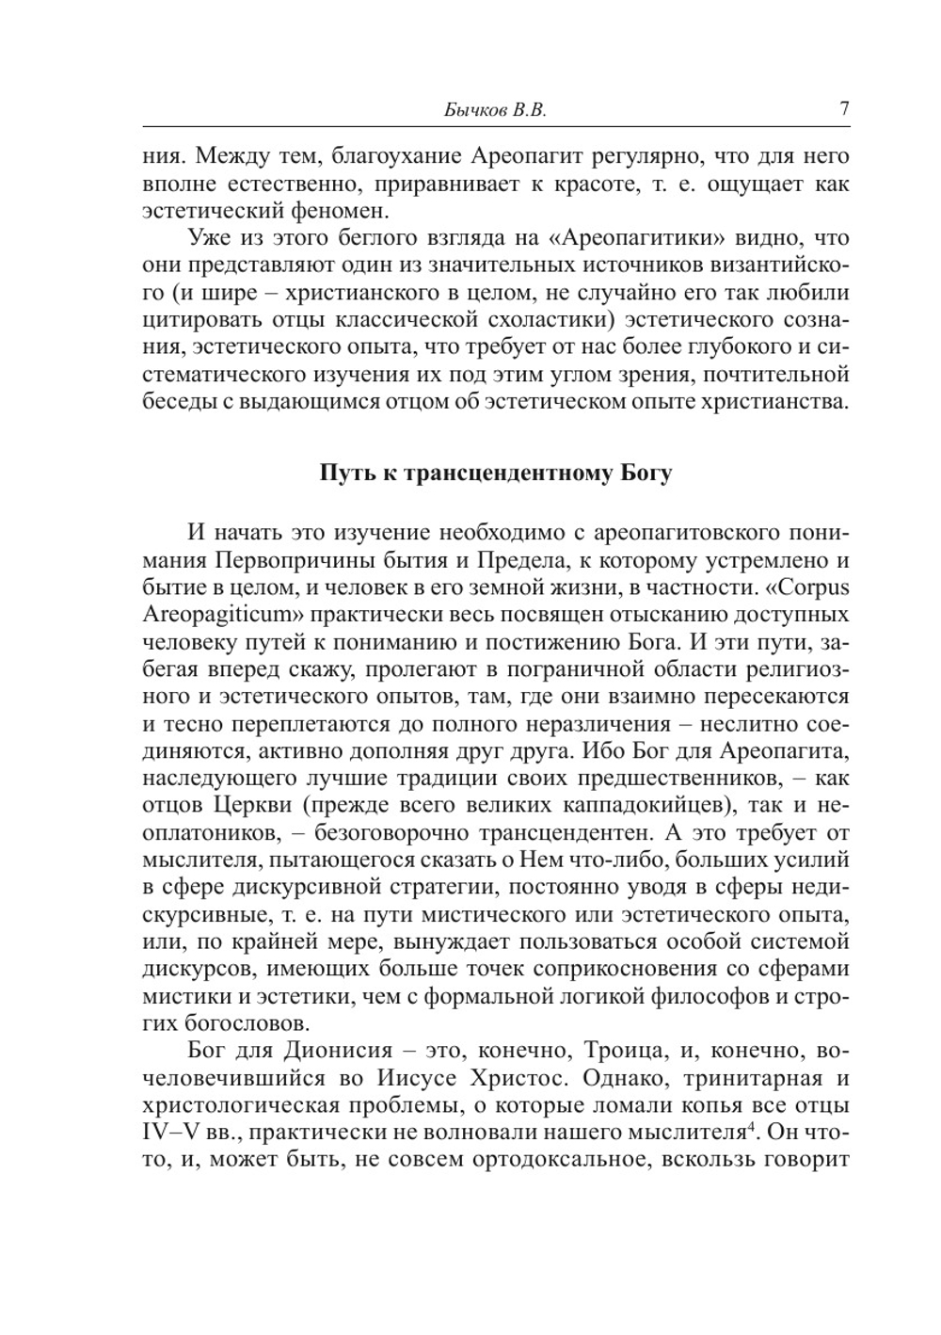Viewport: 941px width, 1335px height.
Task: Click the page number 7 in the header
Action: click(x=844, y=108)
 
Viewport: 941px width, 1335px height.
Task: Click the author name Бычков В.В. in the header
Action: click(x=494, y=110)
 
